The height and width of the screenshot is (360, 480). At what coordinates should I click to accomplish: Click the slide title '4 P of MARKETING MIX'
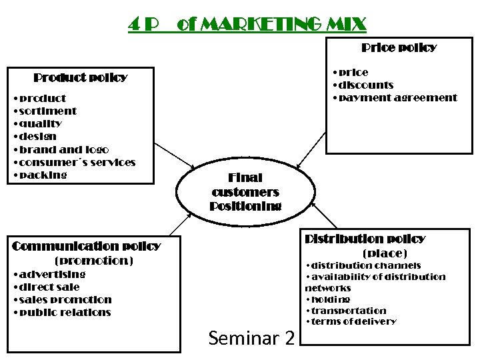click(247, 25)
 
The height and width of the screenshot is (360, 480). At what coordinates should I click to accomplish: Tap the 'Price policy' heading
click(399, 47)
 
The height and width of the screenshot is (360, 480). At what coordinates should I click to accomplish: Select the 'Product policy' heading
click(80, 77)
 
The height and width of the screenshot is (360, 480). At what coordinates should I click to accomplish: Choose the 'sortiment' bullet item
click(47, 111)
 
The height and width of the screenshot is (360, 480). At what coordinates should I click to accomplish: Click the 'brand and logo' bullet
click(63, 150)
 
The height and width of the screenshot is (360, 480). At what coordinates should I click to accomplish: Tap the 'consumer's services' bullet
click(77, 163)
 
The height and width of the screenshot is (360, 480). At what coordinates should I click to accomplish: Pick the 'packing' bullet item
click(43, 175)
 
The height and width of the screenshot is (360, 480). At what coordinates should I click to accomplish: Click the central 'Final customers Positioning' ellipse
click(245, 192)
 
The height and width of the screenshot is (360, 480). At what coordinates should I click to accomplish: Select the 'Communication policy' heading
click(87, 246)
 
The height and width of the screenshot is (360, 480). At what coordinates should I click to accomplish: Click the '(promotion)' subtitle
click(93, 261)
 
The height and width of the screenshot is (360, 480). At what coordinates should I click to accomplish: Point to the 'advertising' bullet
click(52, 274)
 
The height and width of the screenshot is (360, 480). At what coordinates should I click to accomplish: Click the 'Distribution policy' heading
click(365, 239)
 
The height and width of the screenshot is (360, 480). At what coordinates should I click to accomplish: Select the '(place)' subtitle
click(384, 253)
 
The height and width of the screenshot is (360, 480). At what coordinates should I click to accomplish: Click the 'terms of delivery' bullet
click(353, 322)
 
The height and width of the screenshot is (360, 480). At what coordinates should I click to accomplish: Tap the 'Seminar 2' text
click(251, 339)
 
